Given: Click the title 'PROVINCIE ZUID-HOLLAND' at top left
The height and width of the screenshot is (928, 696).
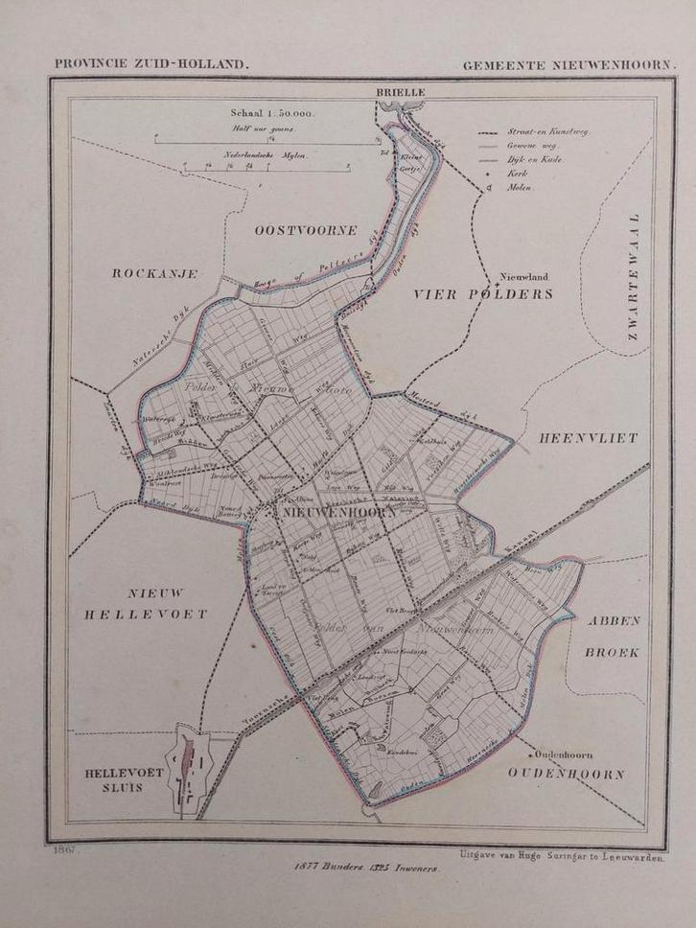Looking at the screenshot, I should tap(151, 64).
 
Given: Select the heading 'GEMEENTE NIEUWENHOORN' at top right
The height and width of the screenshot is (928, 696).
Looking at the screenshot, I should tap(568, 64).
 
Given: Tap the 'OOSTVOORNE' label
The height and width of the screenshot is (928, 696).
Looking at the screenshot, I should tap(306, 230).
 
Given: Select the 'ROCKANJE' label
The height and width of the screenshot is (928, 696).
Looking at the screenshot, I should tap(154, 273).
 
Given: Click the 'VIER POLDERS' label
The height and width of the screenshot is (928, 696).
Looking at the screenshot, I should tap(483, 294).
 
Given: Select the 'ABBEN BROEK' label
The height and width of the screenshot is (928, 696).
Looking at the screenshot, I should tap(615, 636).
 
